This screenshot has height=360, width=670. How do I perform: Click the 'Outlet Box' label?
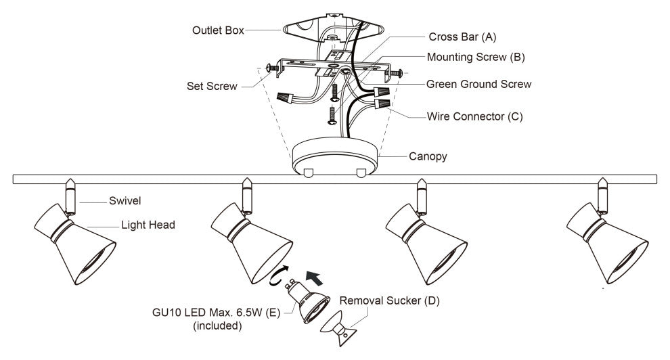217,31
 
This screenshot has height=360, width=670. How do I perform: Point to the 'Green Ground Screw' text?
478,85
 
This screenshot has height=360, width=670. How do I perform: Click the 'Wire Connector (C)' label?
474,116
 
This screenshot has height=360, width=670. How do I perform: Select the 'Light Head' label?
148,225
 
